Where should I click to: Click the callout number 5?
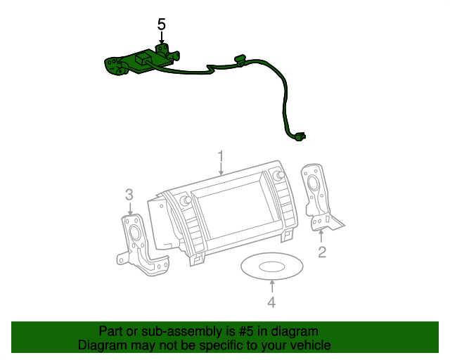[161, 25]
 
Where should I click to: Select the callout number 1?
[220, 155]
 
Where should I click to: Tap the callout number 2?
[321, 252]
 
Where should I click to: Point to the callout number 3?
[129, 194]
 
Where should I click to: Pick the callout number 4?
[271, 302]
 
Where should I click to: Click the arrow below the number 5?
[161, 40]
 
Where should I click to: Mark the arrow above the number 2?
[321, 236]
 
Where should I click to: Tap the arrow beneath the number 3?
[129, 209]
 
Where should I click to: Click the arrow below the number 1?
[220, 169]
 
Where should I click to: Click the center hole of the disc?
[272, 266]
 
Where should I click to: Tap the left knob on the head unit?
[186, 201]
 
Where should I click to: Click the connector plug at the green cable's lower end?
[301, 136]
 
